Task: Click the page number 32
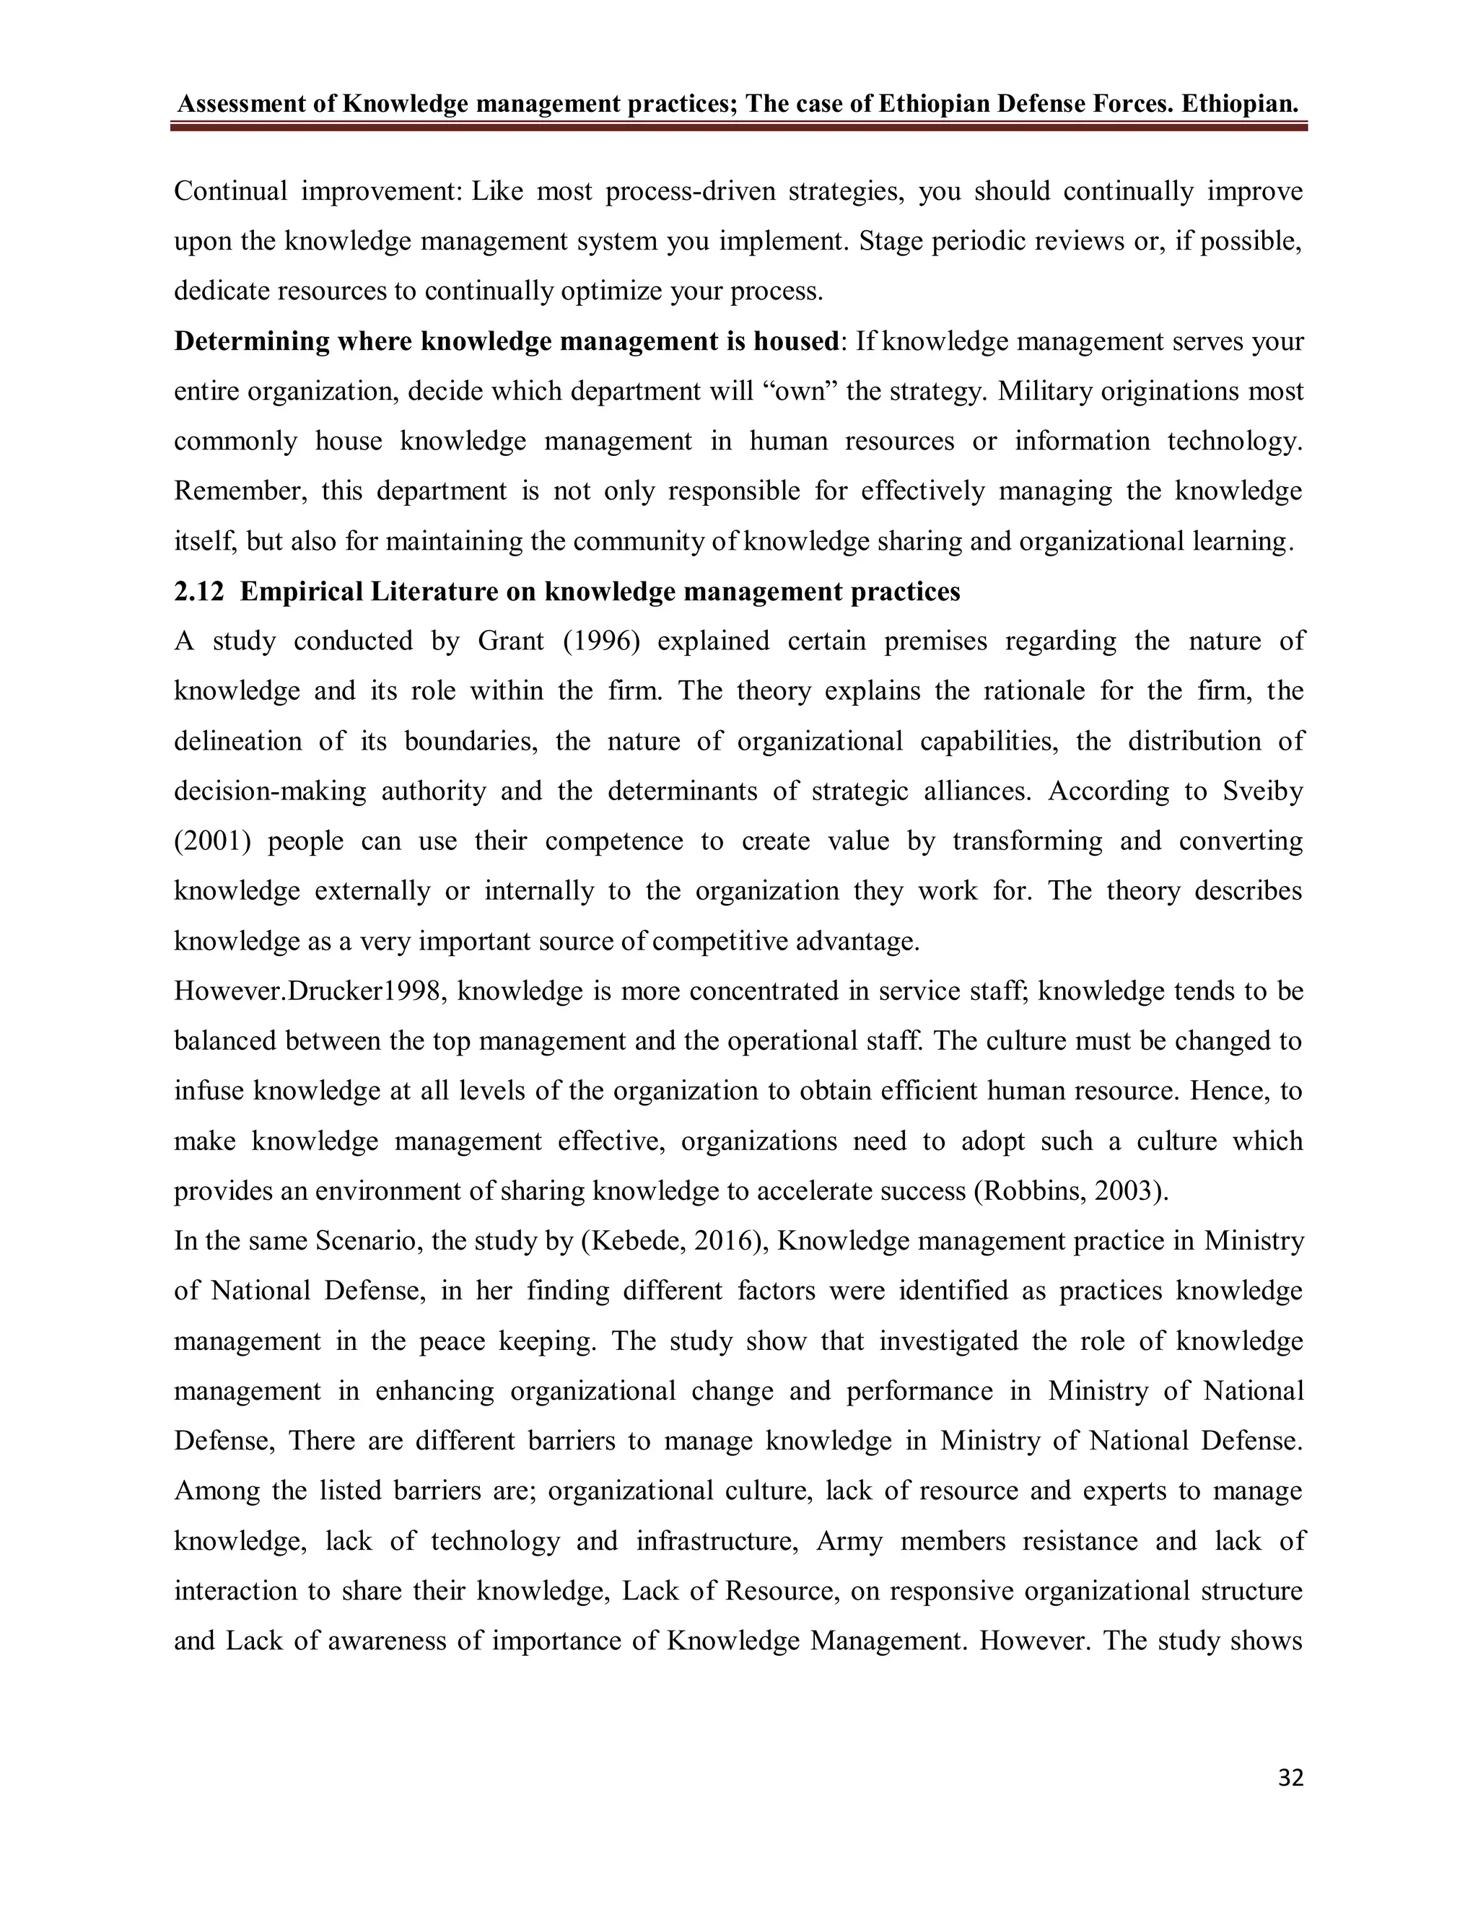pos(1290,1778)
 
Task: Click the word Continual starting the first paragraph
pos(230,191)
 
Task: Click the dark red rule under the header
pos(738,127)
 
